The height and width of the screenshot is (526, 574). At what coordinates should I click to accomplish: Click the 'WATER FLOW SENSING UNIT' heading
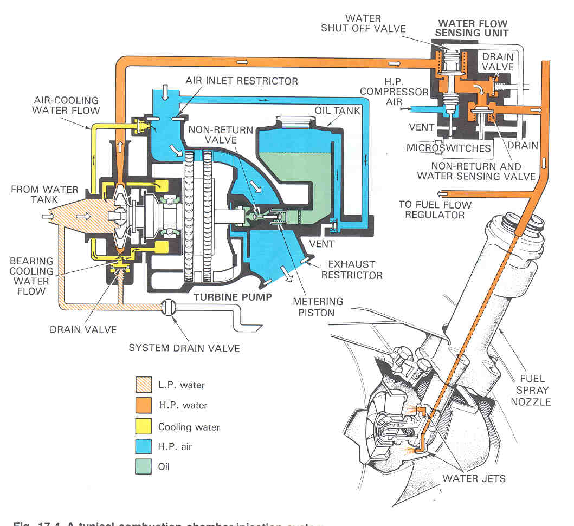point(473,28)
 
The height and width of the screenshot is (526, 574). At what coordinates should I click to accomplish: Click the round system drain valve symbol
point(169,307)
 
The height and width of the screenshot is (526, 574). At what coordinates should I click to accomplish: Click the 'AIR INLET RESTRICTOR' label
point(242,81)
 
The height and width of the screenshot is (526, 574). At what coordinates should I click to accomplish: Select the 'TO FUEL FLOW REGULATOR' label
point(435,210)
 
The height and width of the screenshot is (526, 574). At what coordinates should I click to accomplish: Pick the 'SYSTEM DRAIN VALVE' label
point(184,347)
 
